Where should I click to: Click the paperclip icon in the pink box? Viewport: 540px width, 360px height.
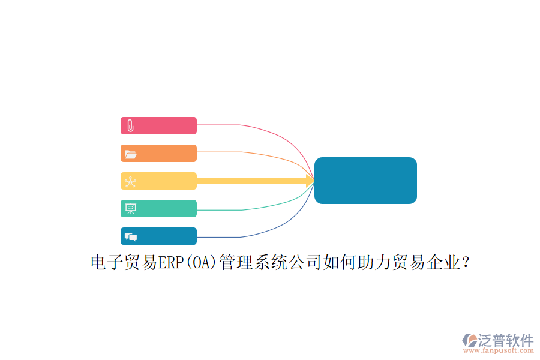point(131,126)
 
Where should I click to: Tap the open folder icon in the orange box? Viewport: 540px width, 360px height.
point(131,154)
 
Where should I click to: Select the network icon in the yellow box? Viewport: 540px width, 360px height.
point(131,182)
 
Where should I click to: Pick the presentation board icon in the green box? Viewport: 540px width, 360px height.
point(131,209)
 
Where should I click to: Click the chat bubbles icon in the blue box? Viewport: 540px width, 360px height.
point(131,236)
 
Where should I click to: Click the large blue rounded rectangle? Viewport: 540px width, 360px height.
point(366,181)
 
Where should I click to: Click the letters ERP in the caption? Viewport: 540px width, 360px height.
point(171,263)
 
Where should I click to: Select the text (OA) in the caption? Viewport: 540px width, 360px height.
point(202,263)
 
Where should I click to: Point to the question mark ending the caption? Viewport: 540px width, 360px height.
point(466,263)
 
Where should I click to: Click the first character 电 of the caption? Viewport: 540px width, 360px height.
point(98,263)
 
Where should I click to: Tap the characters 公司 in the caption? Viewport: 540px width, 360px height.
point(305,263)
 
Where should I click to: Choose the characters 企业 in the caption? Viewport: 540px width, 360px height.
point(443,263)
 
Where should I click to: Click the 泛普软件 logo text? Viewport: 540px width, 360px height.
point(506,340)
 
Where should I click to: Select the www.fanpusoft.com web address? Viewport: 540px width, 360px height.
point(499,350)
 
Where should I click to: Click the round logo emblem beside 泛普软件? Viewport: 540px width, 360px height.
point(470,340)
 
